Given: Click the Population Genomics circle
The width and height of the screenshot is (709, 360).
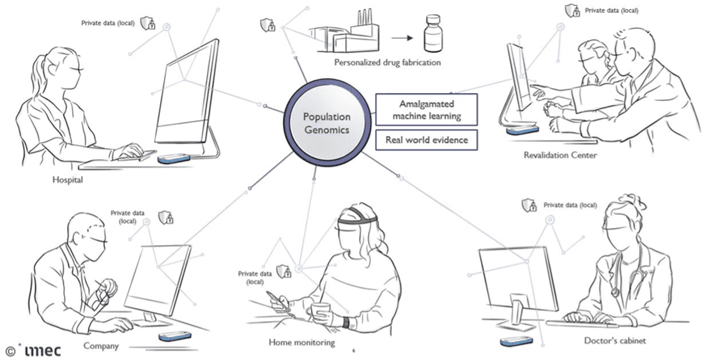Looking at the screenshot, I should [327, 122].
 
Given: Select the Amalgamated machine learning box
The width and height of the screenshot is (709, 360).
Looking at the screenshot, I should [426, 110].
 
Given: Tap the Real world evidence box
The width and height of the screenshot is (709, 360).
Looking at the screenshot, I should [426, 140].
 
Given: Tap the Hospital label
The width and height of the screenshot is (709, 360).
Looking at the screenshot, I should [68, 180].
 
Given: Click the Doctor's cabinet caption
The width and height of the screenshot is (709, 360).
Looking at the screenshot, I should [615, 340].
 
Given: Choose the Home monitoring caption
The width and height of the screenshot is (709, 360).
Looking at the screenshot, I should [301, 343].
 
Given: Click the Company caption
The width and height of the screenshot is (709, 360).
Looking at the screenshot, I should [101, 346].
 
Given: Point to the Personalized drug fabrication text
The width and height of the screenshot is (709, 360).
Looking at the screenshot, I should [387, 63].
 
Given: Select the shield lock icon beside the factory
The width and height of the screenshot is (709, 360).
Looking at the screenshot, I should [268, 26].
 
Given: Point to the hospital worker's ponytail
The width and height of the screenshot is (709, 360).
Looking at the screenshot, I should [38, 76].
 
